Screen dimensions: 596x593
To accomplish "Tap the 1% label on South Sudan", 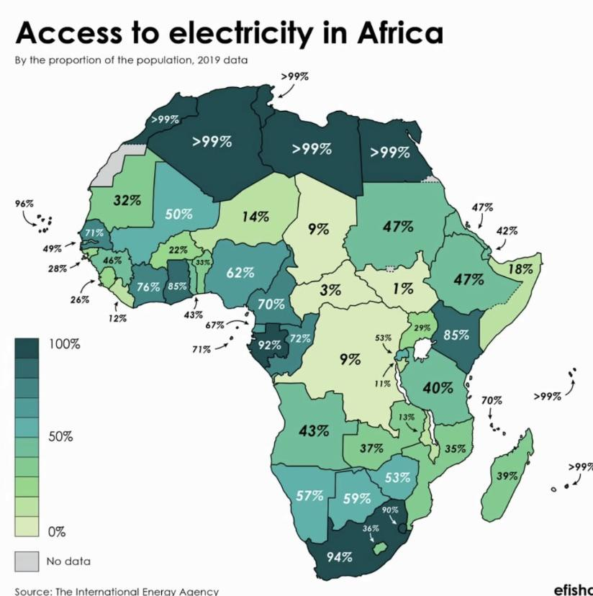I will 403,288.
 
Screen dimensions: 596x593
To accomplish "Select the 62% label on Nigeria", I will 240,272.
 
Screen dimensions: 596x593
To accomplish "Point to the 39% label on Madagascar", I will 507,476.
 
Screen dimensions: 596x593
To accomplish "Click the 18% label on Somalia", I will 520,268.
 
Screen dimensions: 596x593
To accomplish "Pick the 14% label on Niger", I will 254,215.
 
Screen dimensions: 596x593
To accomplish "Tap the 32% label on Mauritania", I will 127,200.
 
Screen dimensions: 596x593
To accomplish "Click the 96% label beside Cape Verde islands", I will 24,204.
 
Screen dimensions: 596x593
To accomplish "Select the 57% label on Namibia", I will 309,495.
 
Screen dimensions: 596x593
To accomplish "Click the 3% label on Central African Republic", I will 330,291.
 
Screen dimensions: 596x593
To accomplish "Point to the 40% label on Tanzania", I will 438,387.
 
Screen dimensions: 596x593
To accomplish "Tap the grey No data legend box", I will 26,561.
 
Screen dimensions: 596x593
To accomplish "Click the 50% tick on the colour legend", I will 60,437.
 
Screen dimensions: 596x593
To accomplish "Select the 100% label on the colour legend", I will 64,344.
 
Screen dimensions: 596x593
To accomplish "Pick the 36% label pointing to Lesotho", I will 370,528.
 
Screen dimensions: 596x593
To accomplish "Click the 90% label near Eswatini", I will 389,510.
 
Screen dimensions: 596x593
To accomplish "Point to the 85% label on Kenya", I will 456,335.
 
